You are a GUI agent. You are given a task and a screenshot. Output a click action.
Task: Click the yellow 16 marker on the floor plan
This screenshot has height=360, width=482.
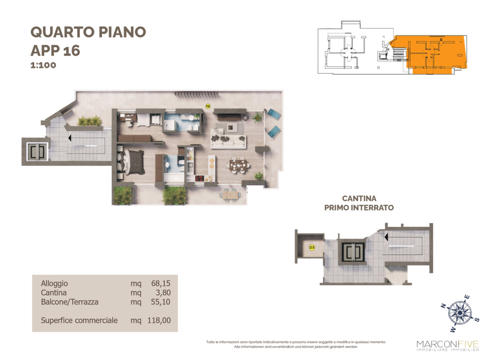pos(208,106)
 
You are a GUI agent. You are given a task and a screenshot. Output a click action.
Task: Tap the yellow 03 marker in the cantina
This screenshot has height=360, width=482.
pos(312,247)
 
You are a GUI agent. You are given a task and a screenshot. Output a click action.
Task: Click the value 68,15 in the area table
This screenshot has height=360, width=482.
pos(161,283)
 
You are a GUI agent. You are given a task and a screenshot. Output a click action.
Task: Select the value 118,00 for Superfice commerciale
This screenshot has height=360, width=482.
pos(159,320)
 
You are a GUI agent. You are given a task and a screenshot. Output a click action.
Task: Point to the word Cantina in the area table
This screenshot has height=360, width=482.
pos(54,293)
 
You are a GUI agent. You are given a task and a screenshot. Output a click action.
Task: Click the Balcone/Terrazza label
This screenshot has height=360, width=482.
pos(70,302)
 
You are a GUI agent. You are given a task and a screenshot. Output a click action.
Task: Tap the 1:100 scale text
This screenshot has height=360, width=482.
pos(44,65)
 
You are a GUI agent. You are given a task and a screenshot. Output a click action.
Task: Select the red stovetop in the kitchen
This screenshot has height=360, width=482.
pos(199,178)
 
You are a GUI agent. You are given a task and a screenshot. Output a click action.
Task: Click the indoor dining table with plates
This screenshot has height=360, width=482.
pos(238,166)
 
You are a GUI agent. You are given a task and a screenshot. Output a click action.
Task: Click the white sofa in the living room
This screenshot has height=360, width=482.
pos(228,140)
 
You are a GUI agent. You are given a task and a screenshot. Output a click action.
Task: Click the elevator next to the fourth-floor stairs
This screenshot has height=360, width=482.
pos(37,152)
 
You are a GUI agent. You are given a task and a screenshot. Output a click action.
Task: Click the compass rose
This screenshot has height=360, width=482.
pos(460,313)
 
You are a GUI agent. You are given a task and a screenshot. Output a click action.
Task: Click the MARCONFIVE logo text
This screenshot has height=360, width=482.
pos(447,344)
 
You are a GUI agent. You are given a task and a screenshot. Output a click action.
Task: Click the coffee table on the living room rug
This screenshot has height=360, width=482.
pos(231,127)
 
